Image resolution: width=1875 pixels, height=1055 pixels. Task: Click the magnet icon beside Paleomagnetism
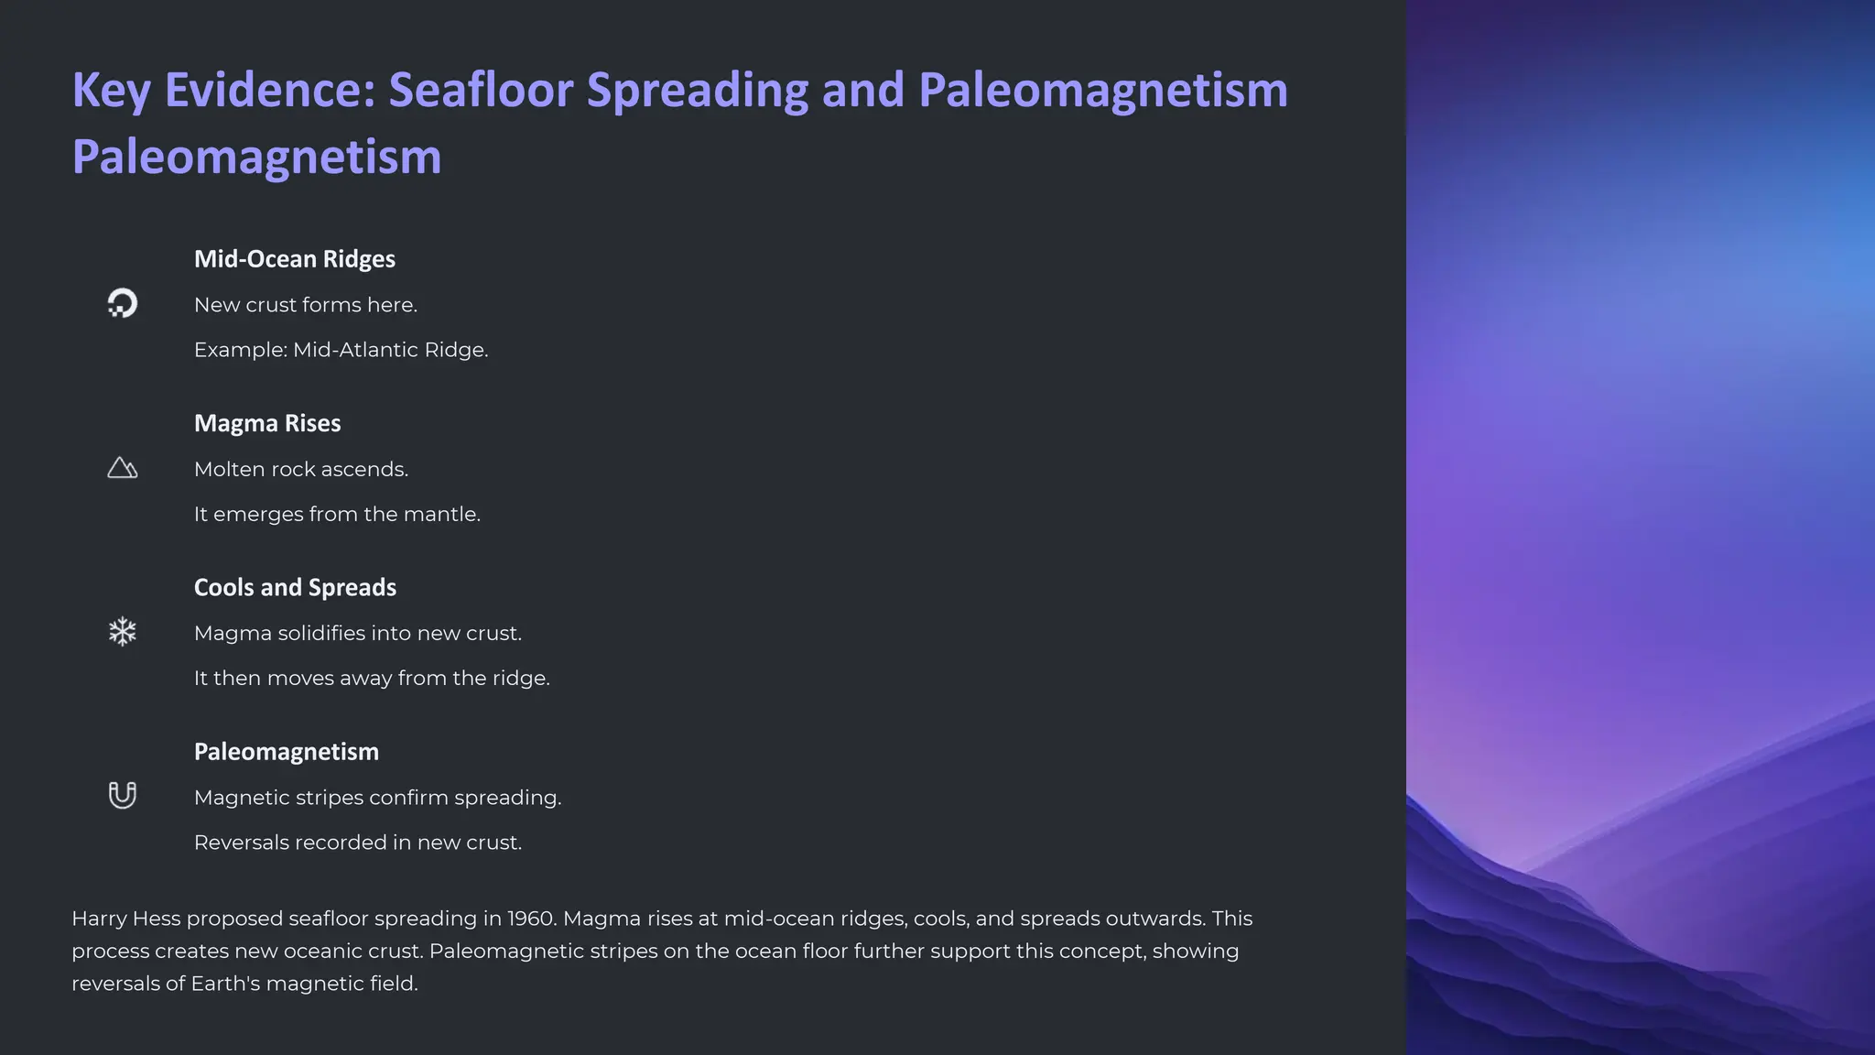[x=122, y=795]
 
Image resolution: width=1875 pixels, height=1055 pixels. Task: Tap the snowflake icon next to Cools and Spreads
[x=122, y=632]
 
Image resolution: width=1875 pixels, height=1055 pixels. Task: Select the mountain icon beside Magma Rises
[x=122, y=468]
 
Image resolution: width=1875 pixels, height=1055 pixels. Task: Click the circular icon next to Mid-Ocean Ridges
[x=122, y=303]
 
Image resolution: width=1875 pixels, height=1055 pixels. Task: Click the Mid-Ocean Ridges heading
[x=294, y=259]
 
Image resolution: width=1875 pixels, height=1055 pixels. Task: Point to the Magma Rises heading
[x=266, y=423]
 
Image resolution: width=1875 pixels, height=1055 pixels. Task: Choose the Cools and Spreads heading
[x=295, y=587]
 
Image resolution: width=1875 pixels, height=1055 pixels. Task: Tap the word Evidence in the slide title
[x=270, y=91]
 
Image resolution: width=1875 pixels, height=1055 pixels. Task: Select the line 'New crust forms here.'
[x=305, y=305]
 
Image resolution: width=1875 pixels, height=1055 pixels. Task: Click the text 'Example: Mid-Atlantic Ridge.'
[x=341, y=350]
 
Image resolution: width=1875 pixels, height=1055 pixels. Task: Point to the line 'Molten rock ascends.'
[x=300, y=469]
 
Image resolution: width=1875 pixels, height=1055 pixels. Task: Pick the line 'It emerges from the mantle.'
[x=336, y=514]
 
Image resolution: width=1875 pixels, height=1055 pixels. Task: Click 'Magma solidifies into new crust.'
[x=357, y=633]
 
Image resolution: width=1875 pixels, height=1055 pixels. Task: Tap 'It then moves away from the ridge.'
[x=371, y=678]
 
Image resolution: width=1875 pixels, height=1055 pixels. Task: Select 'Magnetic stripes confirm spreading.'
[x=377, y=797]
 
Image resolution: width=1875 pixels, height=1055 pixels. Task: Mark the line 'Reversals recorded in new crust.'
[x=357, y=842]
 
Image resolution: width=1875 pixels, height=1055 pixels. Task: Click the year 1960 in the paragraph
[x=532, y=919]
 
